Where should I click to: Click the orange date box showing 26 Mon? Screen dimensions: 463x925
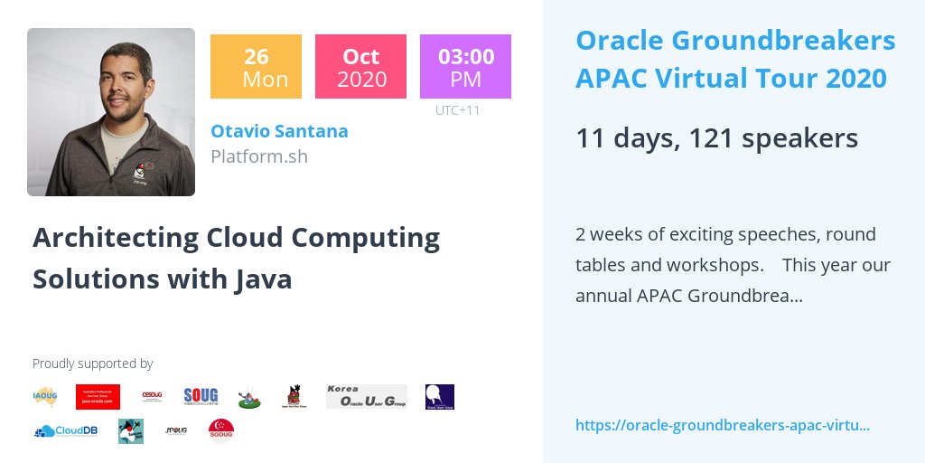[256, 67]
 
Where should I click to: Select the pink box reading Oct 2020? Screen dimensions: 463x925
[360, 67]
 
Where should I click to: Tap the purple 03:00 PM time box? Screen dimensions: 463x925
[465, 67]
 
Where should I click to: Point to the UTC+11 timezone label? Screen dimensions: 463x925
[457, 111]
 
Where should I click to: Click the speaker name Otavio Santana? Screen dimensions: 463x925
[279, 131]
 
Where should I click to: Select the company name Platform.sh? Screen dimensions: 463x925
[259, 156]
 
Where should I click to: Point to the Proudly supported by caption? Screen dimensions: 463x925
[92, 364]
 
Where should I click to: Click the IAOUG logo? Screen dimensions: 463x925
[45, 396]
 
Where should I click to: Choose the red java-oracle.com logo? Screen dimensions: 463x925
[98, 396]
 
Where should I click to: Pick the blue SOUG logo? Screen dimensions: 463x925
[201, 396]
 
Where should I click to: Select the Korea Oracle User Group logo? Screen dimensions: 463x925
[366, 396]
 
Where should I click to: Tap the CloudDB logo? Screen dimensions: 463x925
[66, 431]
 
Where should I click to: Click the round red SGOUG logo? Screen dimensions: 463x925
[221, 430]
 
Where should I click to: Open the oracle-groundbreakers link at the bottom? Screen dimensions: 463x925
[723, 425]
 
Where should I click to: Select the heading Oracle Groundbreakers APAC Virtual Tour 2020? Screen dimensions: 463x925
[735, 59]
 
